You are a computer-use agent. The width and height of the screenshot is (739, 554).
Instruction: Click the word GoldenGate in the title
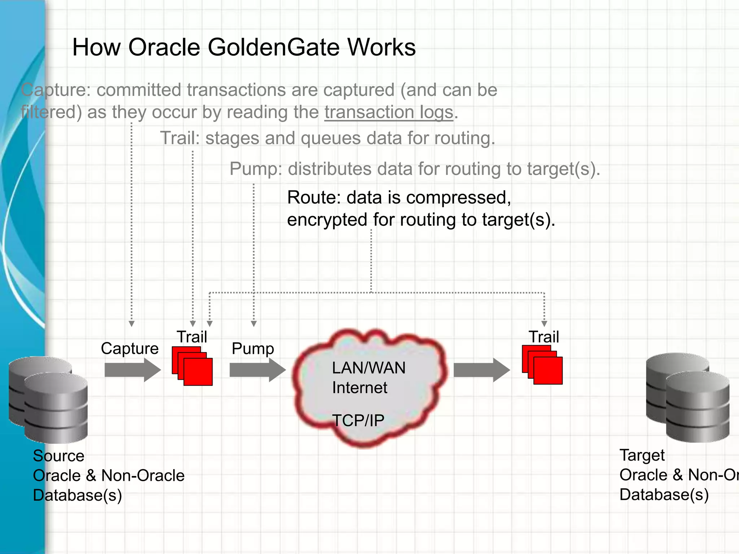click(x=274, y=48)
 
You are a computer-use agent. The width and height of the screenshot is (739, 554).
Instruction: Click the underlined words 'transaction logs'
click(x=389, y=112)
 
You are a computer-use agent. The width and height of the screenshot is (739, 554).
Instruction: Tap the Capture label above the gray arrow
click(x=130, y=348)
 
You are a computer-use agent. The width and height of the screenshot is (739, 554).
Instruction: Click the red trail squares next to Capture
click(x=193, y=366)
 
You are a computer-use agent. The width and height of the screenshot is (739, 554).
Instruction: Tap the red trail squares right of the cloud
click(x=542, y=365)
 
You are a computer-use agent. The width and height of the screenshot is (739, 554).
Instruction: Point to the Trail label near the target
click(x=544, y=337)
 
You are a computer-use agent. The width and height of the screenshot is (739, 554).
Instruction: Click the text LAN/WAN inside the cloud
click(x=369, y=368)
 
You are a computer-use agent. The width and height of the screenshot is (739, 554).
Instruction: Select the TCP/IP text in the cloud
click(x=358, y=421)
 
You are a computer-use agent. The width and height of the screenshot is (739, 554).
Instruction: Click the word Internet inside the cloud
click(x=359, y=388)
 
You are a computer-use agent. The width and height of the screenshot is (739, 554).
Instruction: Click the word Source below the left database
click(x=58, y=456)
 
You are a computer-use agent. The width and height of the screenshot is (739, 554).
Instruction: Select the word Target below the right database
click(x=642, y=455)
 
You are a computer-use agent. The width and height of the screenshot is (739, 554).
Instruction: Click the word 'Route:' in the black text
click(x=314, y=198)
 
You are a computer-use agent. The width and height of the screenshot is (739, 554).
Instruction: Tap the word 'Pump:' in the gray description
click(x=256, y=169)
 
